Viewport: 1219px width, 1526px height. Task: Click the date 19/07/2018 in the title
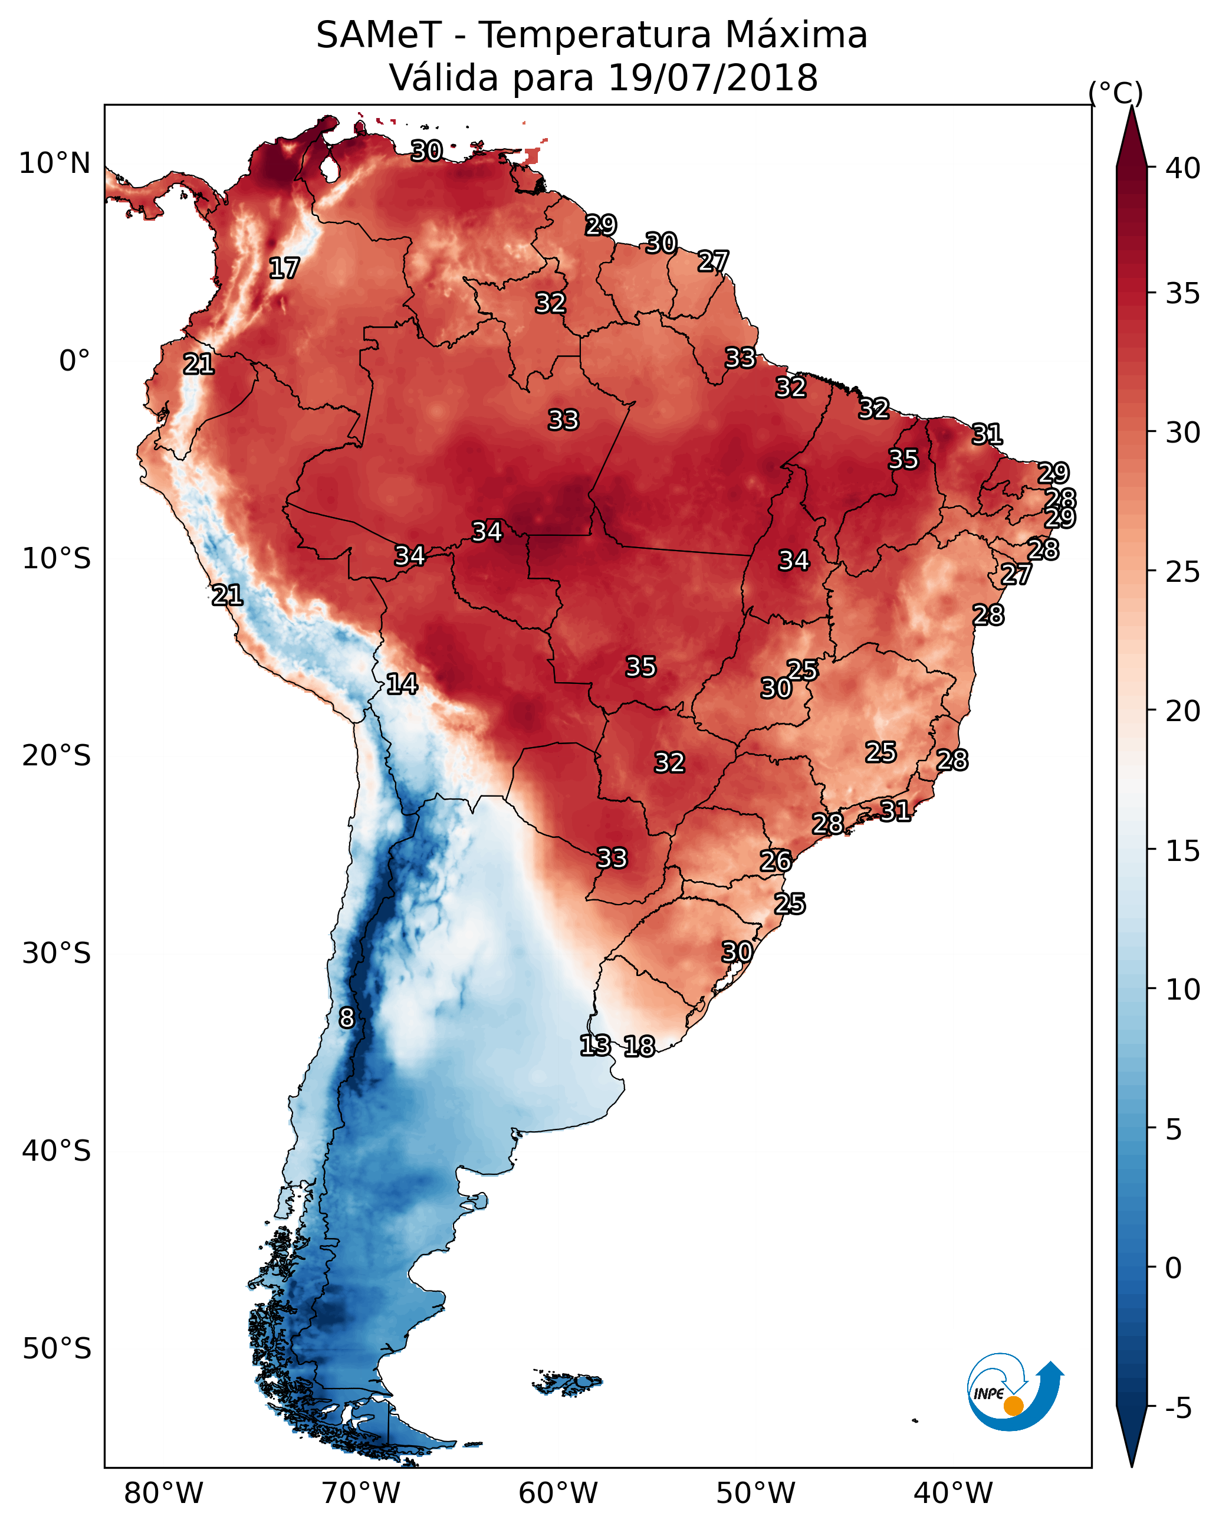[712, 78]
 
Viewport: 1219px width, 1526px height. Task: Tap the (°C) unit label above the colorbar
[1116, 93]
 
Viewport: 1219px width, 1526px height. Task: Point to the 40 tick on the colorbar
[1183, 168]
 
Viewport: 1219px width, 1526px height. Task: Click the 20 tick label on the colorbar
[1183, 711]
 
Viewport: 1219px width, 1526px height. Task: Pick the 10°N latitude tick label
[54, 163]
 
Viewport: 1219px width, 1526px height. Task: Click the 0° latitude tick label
[74, 361]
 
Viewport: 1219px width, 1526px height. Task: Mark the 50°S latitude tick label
[57, 1349]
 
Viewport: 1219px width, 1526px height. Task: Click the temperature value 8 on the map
[347, 1018]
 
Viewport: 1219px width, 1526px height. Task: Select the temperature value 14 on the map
[402, 684]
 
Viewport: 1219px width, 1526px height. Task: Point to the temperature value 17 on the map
[284, 268]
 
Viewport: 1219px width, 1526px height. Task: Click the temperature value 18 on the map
[639, 1046]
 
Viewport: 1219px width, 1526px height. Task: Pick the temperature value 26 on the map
[776, 861]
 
